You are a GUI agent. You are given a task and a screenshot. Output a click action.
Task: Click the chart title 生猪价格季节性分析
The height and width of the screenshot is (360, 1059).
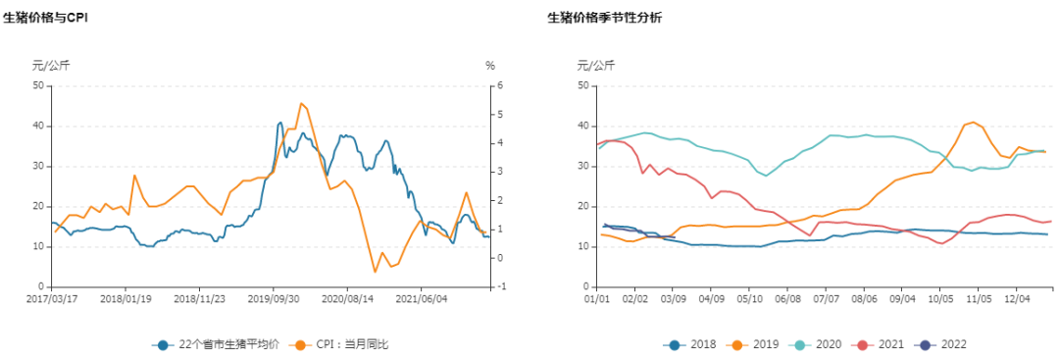click(x=605, y=19)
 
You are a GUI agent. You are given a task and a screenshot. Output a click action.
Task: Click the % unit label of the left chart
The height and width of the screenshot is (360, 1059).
click(x=490, y=66)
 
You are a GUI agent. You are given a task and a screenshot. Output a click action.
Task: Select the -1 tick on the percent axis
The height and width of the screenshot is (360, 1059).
click(x=501, y=286)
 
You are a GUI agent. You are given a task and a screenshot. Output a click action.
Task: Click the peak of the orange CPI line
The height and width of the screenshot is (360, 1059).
click(x=301, y=103)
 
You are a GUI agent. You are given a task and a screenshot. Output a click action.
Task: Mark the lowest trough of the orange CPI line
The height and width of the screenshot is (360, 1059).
click(x=375, y=272)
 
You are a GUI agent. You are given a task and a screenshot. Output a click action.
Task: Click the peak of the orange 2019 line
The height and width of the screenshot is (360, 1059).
click(x=972, y=122)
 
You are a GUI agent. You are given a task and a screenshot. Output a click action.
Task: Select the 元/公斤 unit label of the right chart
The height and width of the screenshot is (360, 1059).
click(x=596, y=66)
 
